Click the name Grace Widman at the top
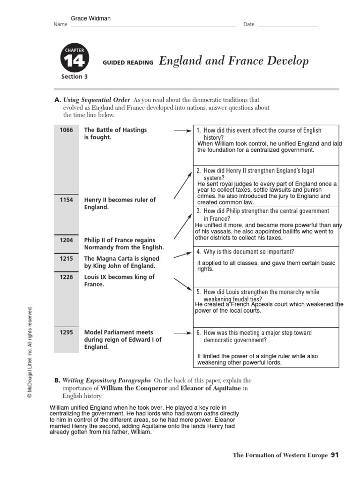pyautogui.click(x=90, y=19)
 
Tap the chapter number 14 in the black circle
pyautogui.click(x=74, y=61)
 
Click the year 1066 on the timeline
pyautogui.click(x=66, y=130)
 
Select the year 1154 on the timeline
pyautogui.click(x=66, y=200)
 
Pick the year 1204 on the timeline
pyautogui.click(x=66, y=240)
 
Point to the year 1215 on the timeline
pyautogui.click(x=66, y=258)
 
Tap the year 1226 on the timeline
pyautogui.click(x=66, y=277)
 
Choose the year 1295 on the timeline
pyautogui.click(x=66, y=332)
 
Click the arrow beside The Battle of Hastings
pyautogui.click(x=182, y=131)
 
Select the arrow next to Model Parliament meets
pyautogui.click(x=182, y=333)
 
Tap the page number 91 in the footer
pyautogui.click(x=334, y=455)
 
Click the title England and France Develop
pyautogui.click(x=234, y=61)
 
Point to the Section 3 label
pyautogui.click(x=74, y=77)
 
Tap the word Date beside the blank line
pyautogui.click(x=248, y=24)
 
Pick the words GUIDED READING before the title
pyautogui.click(x=127, y=63)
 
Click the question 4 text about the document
pyautogui.click(x=245, y=252)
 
